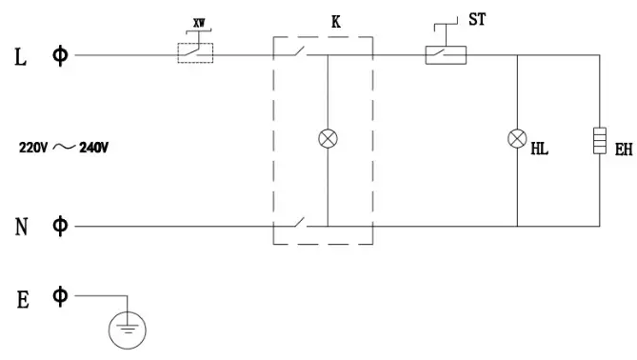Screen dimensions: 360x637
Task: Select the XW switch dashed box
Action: [x=196, y=54]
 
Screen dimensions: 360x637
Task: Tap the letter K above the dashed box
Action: [x=335, y=20]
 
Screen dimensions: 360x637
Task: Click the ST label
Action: [x=478, y=19]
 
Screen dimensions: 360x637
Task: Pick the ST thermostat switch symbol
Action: [x=445, y=54]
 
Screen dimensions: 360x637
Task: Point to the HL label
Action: [x=539, y=150]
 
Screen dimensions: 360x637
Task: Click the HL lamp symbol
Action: [x=517, y=140]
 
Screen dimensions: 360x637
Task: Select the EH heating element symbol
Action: [x=600, y=141]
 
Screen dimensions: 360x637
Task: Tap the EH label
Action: [x=624, y=150]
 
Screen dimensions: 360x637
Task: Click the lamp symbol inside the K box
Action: [x=328, y=140]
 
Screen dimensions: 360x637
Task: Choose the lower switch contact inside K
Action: [x=299, y=224]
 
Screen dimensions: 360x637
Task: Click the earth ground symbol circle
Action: [x=124, y=330]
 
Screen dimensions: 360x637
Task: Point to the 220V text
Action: [x=34, y=148]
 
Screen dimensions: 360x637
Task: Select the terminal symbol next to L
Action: [x=60, y=55]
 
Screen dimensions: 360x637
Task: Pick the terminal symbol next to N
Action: [x=60, y=226]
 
